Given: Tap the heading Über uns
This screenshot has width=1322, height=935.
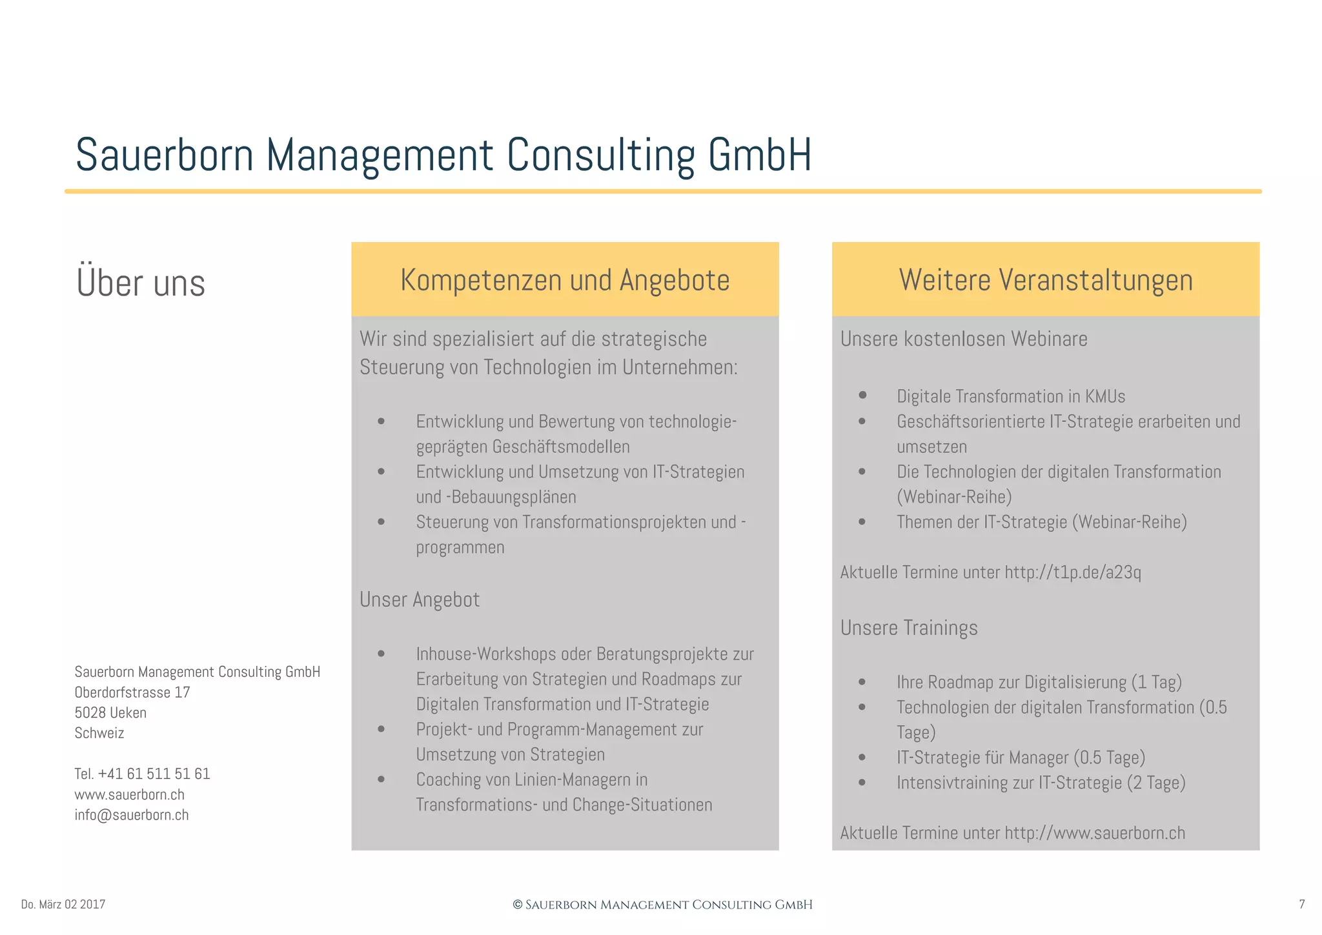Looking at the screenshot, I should (141, 283).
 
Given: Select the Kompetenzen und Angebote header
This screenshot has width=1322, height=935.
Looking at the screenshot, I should (565, 280).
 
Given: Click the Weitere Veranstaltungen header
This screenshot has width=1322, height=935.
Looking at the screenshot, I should (1045, 280).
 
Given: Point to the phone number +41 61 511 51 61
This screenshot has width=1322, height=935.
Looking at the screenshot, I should (154, 774).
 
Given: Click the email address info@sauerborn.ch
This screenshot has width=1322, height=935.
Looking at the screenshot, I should (132, 815).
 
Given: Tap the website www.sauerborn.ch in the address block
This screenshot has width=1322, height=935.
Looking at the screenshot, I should (129, 794).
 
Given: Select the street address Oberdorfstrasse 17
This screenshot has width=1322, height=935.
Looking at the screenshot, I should (132, 692).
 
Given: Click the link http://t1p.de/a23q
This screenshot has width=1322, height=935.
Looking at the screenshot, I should (1073, 572).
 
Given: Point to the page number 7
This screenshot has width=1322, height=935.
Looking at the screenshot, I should (1301, 905).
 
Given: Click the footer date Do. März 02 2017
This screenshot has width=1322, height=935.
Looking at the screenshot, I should (63, 905).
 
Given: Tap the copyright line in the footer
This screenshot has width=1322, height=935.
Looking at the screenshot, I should (662, 905).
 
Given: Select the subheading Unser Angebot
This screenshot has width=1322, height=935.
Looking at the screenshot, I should (420, 599).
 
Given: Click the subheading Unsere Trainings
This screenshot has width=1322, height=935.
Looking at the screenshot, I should (909, 628).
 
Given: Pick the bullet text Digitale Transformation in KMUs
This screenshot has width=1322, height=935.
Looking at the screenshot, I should (1011, 396).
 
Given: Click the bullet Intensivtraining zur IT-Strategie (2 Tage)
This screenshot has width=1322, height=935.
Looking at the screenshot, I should (1041, 783).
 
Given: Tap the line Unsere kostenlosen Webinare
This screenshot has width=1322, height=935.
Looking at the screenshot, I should (964, 339).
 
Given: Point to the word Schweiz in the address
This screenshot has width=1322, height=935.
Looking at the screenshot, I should (99, 733).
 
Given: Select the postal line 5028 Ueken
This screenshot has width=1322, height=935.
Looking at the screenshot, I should (110, 713).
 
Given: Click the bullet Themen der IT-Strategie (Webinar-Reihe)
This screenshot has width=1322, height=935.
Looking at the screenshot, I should (1041, 522).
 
